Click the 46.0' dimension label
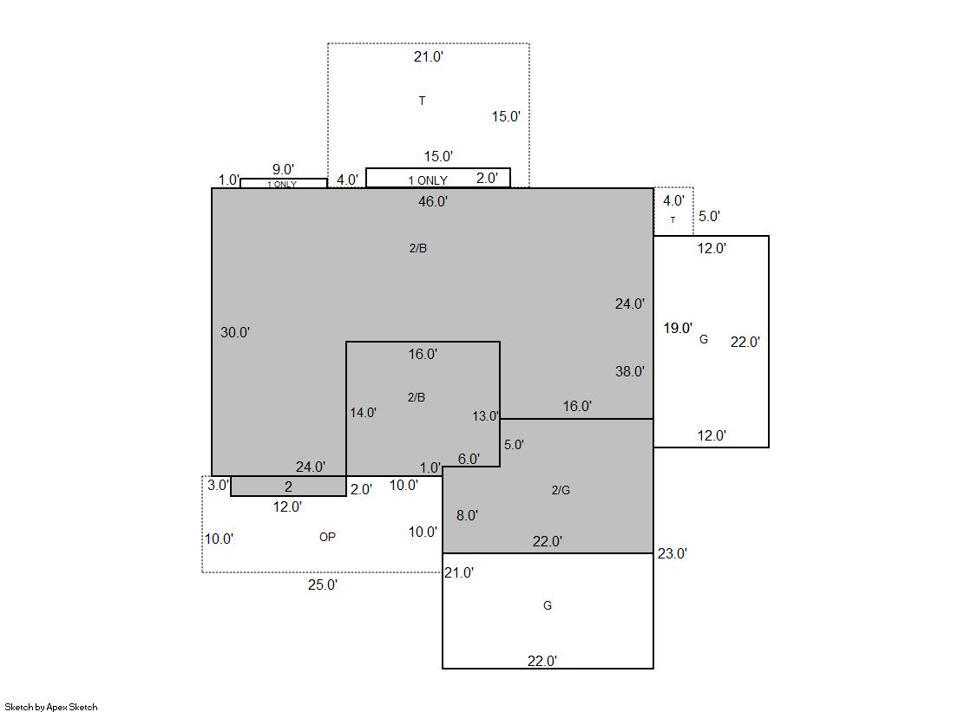(433, 201)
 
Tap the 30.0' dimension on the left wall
(234, 332)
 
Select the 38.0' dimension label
(630, 371)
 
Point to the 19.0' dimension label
(678, 328)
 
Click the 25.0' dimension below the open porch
(323, 585)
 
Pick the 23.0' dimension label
(672, 553)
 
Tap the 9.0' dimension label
(283, 169)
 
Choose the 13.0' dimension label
(485, 416)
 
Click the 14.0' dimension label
(363, 412)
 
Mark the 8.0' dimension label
(467, 515)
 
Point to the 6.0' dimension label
(469, 459)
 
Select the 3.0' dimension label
(218, 486)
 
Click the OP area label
(327, 537)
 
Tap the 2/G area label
(561, 490)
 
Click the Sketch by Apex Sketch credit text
(51, 707)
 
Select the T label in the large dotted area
(422, 101)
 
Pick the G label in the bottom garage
(548, 605)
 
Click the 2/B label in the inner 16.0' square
(417, 397)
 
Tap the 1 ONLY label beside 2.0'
(427, 180)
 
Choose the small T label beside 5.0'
(672, 219)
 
